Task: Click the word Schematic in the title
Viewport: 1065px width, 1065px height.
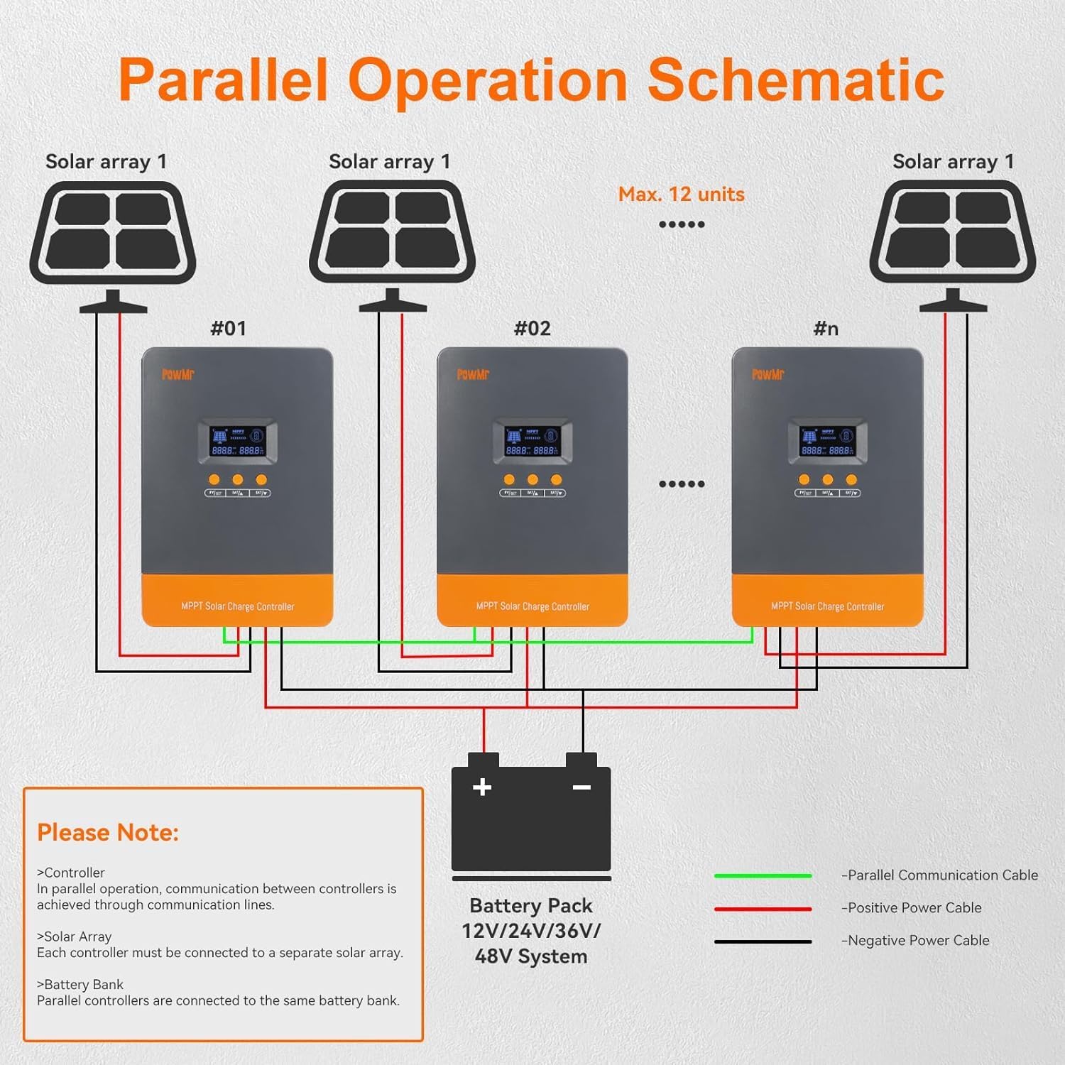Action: pos(795,80)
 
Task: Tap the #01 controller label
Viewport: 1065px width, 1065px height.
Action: pos(228,328)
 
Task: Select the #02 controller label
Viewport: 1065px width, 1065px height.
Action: pos(532,328)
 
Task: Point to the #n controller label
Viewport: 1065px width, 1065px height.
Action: pos(826,328)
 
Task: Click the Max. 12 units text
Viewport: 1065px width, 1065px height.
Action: pos(681,194)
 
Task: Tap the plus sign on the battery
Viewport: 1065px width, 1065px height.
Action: pos(482,787)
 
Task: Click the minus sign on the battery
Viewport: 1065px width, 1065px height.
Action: pos(581,787)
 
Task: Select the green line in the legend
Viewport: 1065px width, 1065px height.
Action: pos(763,875)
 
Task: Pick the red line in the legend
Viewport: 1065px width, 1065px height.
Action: pos(763,908)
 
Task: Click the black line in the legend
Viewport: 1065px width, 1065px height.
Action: pos(763,941)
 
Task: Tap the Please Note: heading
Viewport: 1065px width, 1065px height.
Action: pos(108,832)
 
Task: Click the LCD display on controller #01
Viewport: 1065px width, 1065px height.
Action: pos(238,441)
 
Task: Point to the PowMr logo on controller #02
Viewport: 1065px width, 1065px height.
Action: pos(473,374)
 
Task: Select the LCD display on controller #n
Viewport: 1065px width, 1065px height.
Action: pos(828,441)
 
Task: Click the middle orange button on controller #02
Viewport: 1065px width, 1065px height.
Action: pos(532,480)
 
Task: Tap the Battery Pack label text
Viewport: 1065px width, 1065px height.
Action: pos(530,906)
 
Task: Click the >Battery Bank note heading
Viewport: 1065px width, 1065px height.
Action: pos(80,984)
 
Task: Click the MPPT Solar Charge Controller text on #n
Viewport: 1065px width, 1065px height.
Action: pos(828,606)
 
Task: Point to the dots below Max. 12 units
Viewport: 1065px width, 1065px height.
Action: pos(681,224)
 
